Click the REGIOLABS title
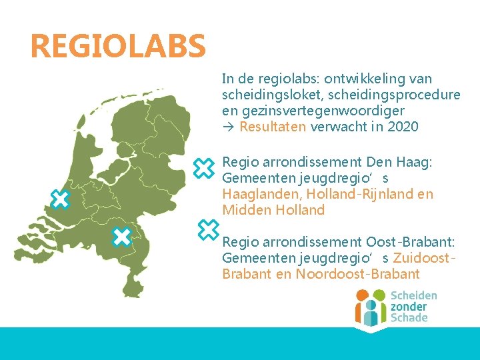[118, 46]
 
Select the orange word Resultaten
[273, 127]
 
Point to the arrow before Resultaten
[228, 127]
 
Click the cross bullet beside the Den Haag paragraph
[203, 169]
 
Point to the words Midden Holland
[273, 211]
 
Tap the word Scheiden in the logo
[413, 295]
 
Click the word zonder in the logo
[409, 307]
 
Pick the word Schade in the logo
[409, 318]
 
